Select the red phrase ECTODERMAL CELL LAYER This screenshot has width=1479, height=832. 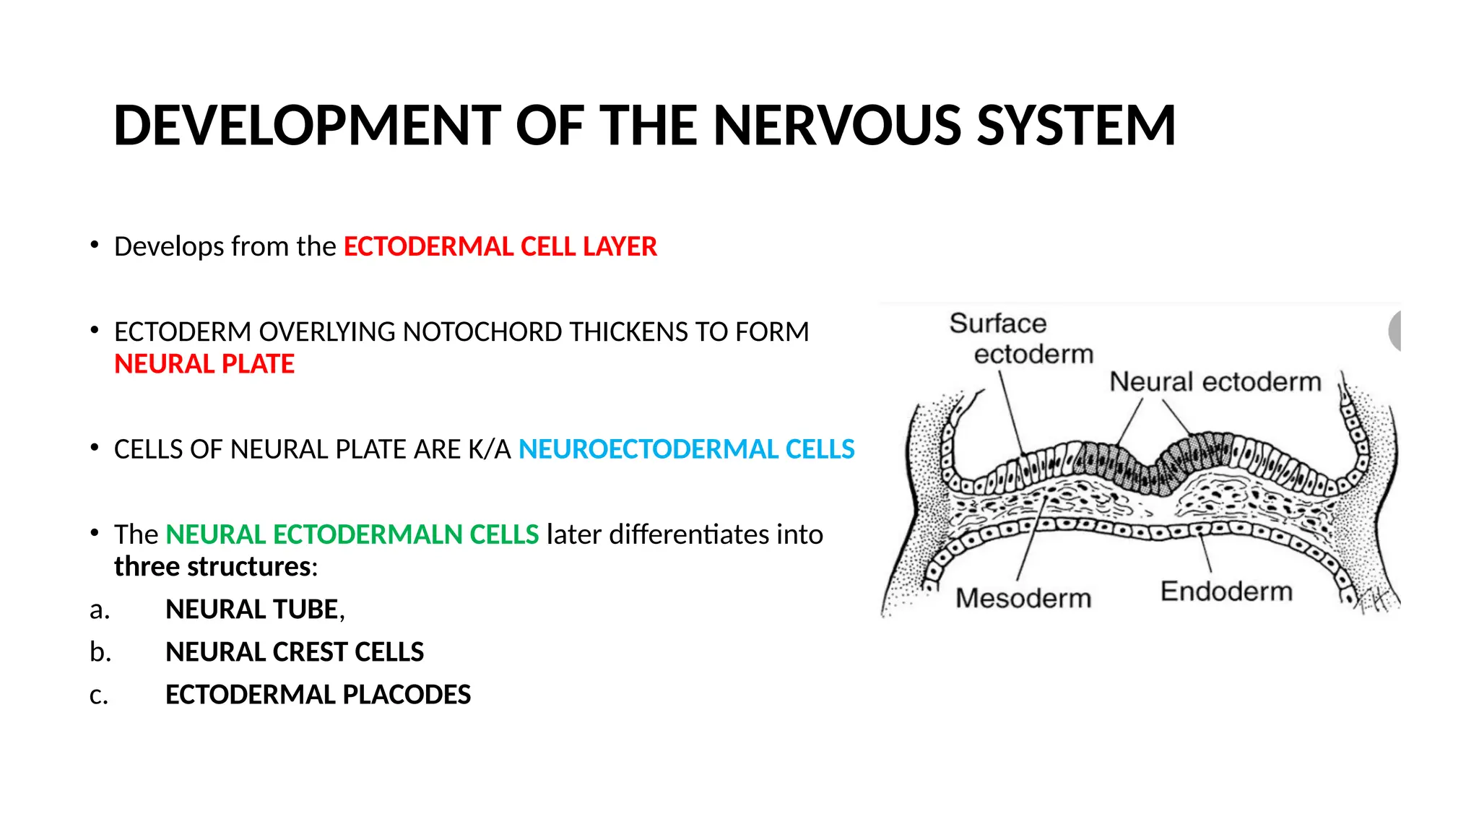coord(500,247)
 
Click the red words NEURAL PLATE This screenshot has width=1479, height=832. coord(204,364)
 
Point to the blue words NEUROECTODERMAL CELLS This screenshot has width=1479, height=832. coord(686,449)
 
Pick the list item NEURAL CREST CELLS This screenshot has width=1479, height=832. coord(294,652)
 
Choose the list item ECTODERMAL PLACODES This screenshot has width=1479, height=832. coord(318,695)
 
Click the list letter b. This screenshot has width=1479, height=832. coord(100,652)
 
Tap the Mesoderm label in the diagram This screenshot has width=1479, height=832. coord(1023,598)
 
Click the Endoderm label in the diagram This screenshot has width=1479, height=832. coord(1226,591)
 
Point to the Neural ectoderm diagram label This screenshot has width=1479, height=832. coord(1215,381)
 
